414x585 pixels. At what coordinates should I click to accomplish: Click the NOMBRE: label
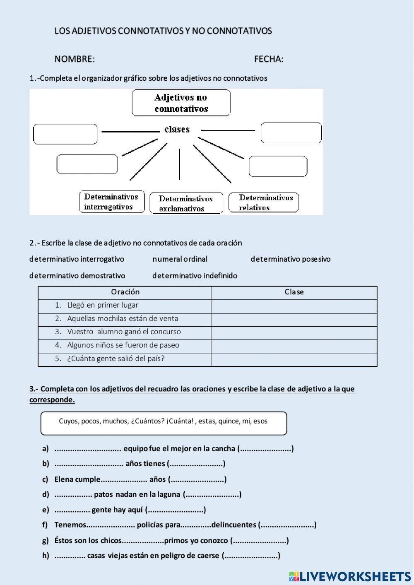click(x=75, y=59)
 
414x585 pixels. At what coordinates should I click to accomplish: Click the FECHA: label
click(x=269, y=59)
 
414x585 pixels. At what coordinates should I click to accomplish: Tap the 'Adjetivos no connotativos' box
click(x=181, y=103)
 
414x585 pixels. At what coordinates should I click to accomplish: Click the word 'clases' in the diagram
click(x=177, y=130)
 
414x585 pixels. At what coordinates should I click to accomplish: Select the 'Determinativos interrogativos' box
click(x=112, y=202)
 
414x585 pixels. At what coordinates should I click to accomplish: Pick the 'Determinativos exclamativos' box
click(x=186, y=203)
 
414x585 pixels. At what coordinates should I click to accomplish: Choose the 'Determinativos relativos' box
click(x=264, y=202)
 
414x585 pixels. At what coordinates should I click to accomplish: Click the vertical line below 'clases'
click(x=179, y=164)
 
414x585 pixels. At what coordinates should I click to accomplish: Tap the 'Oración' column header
click(x=125, y=292)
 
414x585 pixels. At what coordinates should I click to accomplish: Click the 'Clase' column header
click(x=294, y=292)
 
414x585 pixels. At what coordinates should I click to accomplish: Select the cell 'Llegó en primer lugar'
click(x=103, y=306)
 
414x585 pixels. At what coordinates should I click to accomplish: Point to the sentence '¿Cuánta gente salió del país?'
click(x=116, y=359)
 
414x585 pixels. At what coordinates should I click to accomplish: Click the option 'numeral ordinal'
click(x=180, y=259)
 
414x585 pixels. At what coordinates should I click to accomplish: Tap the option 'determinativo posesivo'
click(x=290, y=259)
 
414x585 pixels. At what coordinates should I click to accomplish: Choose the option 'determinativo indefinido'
click(x=195, y=276)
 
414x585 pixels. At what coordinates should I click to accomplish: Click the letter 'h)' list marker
click(x=46, y=556)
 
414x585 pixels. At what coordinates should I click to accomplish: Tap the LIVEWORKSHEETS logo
click(x=350, y=576)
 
